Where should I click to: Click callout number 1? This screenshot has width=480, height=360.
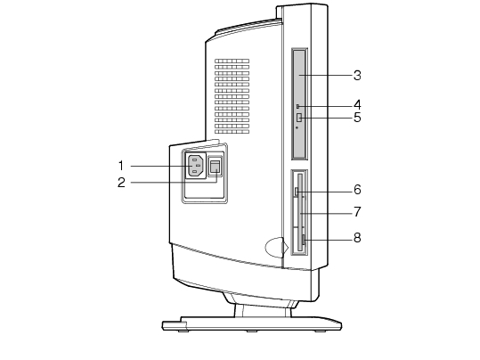[121, 166]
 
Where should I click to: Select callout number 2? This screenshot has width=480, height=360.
[121, 183]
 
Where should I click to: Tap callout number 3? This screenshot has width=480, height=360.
[357, 76]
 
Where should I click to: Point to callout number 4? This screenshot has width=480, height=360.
[357, 105]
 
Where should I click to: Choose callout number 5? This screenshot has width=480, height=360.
[357, 118]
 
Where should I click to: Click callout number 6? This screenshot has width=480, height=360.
[357, 190]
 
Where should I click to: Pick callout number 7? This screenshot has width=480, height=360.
[357, 211]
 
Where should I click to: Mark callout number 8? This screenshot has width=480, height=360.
[357, 237]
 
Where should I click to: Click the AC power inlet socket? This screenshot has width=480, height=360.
[196, 166]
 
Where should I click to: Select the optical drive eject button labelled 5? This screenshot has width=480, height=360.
[299, 118]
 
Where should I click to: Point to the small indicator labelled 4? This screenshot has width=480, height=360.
[297, 106]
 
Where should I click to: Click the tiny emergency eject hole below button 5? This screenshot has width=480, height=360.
[297, 127]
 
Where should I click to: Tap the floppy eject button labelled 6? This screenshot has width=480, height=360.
[296, 192]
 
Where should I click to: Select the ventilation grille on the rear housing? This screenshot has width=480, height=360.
[232, 96]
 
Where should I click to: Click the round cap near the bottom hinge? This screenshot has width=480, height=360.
[276, 247]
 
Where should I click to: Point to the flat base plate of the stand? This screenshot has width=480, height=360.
[252, 324]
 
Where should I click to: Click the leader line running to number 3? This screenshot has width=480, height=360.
[325, 76]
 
